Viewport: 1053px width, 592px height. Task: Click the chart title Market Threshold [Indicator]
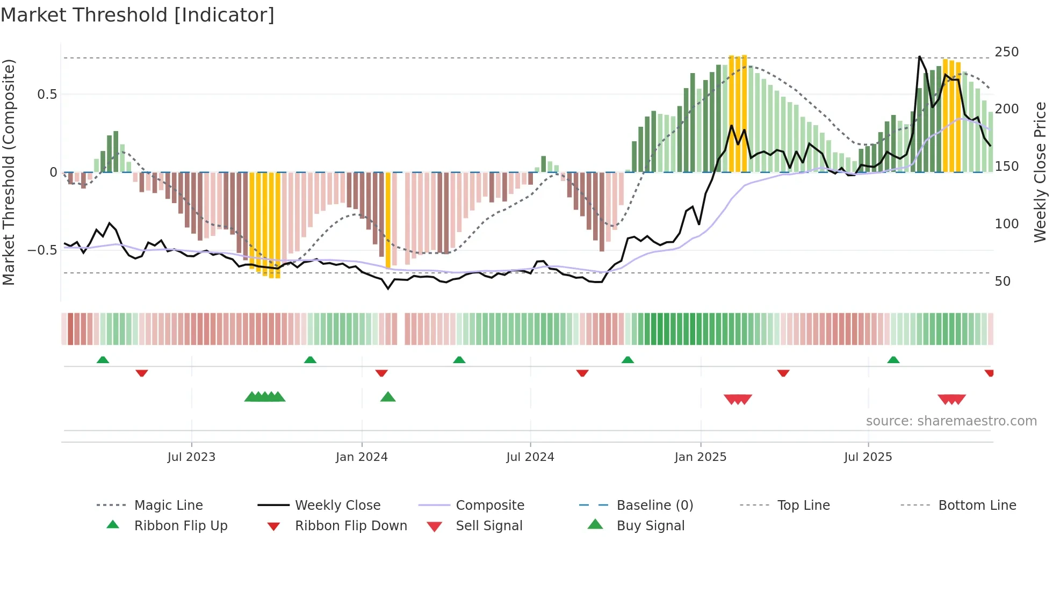tap(138, 15)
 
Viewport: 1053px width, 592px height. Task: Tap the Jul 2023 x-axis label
tap(191, 457)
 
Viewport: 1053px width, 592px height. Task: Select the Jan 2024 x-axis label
tap(362, 457)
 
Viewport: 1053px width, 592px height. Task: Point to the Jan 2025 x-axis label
tap(701, 457)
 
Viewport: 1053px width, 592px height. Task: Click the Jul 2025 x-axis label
tap(868, 457)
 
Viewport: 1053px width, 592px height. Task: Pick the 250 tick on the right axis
tap(1006, 52)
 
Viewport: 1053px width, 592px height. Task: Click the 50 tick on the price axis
tap(1002, 281)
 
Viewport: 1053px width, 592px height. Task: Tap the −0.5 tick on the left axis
tap(42, 250)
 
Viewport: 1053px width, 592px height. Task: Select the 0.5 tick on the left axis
tap(47, 95)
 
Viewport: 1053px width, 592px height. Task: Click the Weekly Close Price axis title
tap(1040, 172)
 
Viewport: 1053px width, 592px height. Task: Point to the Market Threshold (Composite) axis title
tap(9, 172)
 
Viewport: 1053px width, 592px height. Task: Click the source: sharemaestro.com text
tap(951, 421)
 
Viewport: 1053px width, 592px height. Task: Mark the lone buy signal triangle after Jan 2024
tap(388, 398)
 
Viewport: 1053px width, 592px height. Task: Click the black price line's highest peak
tap(920, 56)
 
